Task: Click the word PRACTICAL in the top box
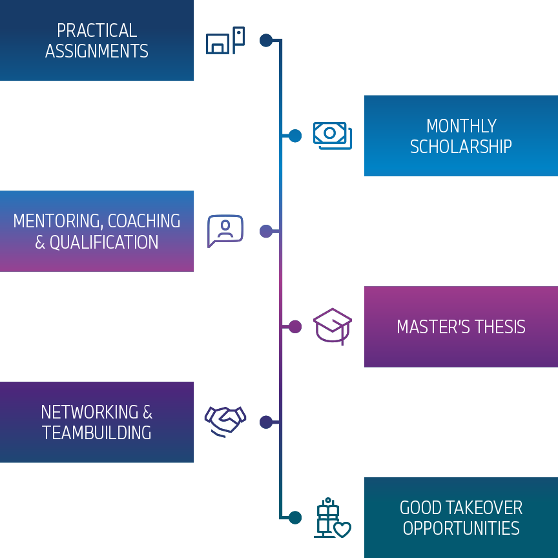[x=97, y=30]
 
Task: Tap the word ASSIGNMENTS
[x=97, y=51]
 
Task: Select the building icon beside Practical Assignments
[x=225, y=41]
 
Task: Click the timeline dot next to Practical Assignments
[x=266, y=40]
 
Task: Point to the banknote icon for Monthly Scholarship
[x=332, y=135]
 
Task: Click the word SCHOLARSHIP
[x=461, y=147]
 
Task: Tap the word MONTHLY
[x=461, y=125]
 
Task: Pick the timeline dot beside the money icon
[x=295, y=136]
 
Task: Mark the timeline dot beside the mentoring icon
[x=266, y=231]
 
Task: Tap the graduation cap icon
[x=333, y=325]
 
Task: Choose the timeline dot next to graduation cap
[x=295, y=327]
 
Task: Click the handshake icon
[x=225, y=420]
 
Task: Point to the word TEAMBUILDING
[x=97, y=433]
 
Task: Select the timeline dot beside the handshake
[x=266, y=422]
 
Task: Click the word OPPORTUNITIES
[x=461, y=528]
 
